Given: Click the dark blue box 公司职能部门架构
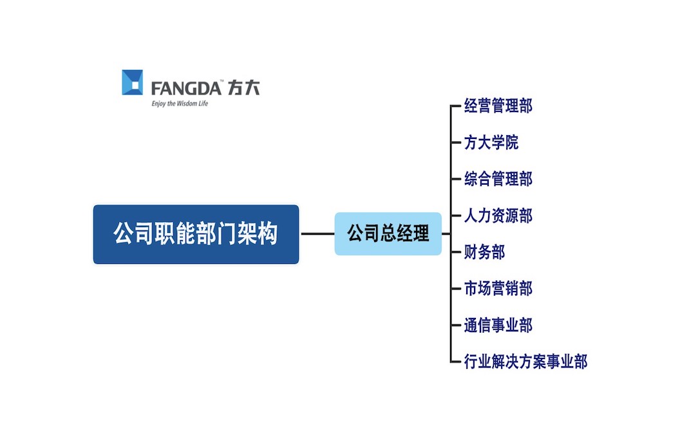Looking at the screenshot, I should tap(196, 234).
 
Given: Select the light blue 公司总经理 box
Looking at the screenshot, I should tap(388, 234).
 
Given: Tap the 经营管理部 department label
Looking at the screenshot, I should tap(498, 106).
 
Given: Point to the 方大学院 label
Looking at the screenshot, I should tap(491, 142).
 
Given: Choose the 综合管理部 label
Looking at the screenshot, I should tap(498, 179).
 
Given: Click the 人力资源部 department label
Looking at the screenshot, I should tap(498, 216).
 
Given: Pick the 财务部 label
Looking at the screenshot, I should tap(484, 252).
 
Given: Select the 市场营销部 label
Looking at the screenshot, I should tap(498, 288).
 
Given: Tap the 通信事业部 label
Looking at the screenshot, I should tap(498, 325).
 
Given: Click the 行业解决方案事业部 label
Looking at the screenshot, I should tap(525, 362).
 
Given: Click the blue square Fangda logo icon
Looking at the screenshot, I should tap(133, 82).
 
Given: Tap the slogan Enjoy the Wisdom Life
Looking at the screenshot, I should tap(180, 103).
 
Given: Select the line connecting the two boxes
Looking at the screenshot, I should tap(317, 234).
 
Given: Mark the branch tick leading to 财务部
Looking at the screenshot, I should tap(456, 252).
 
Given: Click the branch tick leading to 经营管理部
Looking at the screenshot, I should tap(456, 106).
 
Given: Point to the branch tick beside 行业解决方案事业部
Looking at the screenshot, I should tap(456, 362).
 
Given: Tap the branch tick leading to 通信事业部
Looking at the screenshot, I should tap(456, 325).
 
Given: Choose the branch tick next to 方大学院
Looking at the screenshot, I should tap(456, 142).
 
